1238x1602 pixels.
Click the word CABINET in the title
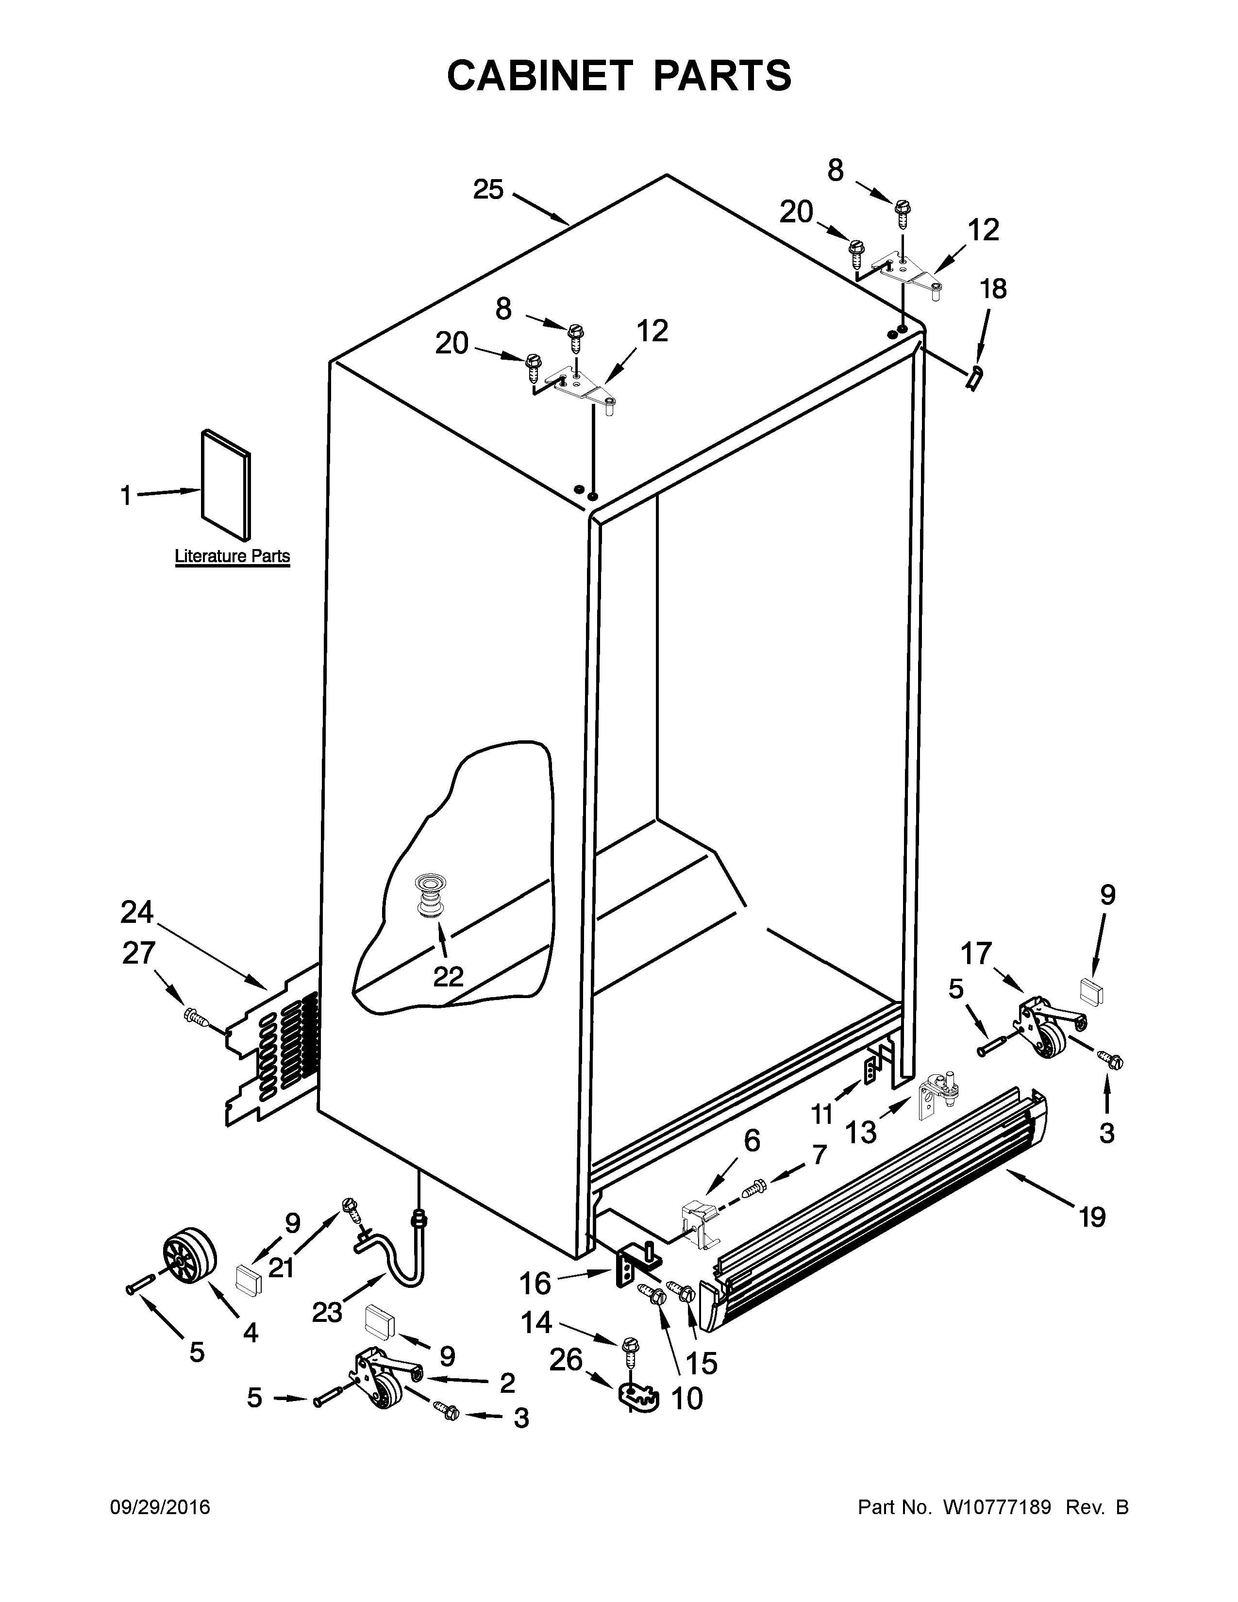tap(539, 76)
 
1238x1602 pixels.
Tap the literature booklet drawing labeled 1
tap(226, 484)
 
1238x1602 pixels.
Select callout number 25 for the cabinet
tap(488, 190)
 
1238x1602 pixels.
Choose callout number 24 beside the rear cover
tap(136, 913)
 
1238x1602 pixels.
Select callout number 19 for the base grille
tap(1091, 1218)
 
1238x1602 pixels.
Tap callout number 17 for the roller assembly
tap(976, 953)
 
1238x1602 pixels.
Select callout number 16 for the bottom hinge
tap(535, 1284)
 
